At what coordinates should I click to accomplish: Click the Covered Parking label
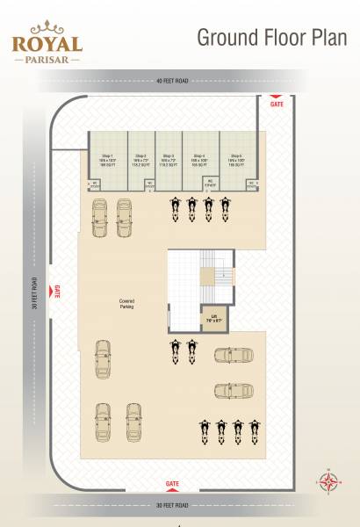click(126, 304)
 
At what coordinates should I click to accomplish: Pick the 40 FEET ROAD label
click(173, 82)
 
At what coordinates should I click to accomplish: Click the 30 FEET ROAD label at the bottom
click(173, 505)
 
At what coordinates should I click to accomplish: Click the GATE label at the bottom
click(173, 484)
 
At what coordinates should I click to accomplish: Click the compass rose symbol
click(329, 480)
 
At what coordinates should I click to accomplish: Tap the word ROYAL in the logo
click(47, 44)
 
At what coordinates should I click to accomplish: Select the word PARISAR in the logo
click(47, 61)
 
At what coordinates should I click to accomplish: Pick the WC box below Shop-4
click(210, 184)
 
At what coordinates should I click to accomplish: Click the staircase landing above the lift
click(205, 276)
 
